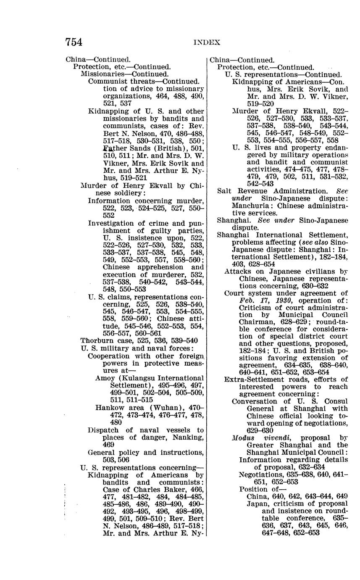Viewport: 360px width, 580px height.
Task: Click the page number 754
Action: [x=74, y=42]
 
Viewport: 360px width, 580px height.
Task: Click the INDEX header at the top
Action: [x=207, y=42]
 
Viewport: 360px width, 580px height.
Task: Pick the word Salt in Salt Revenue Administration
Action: [x=225, y=191]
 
